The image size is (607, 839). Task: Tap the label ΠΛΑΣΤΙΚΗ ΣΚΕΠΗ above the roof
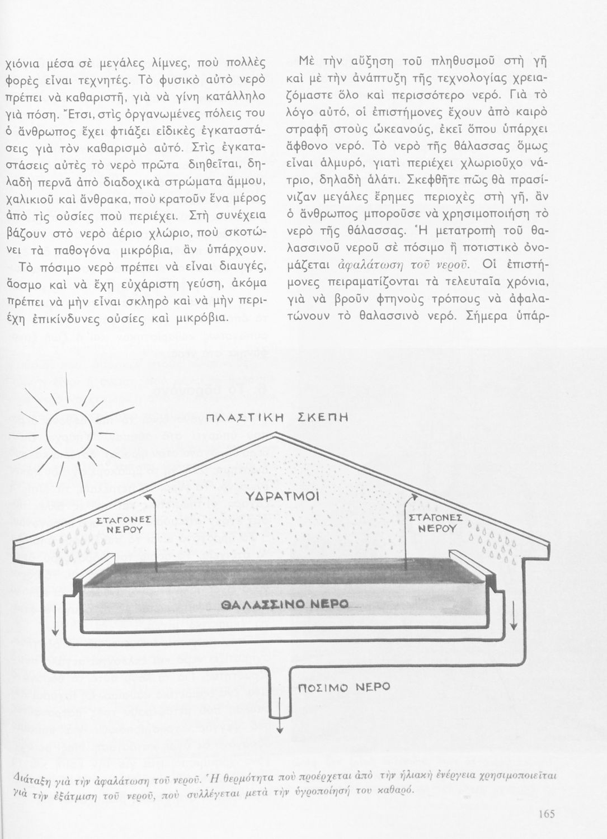point(277,418)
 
